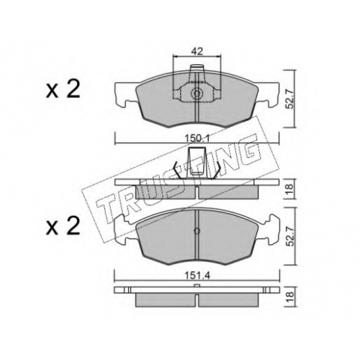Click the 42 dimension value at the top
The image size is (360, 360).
[197, 52]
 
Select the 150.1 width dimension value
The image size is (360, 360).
[197, 138]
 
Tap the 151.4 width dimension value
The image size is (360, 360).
[197, 276]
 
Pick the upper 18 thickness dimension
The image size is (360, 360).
[289, 189]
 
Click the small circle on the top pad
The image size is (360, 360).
[197, 94]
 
